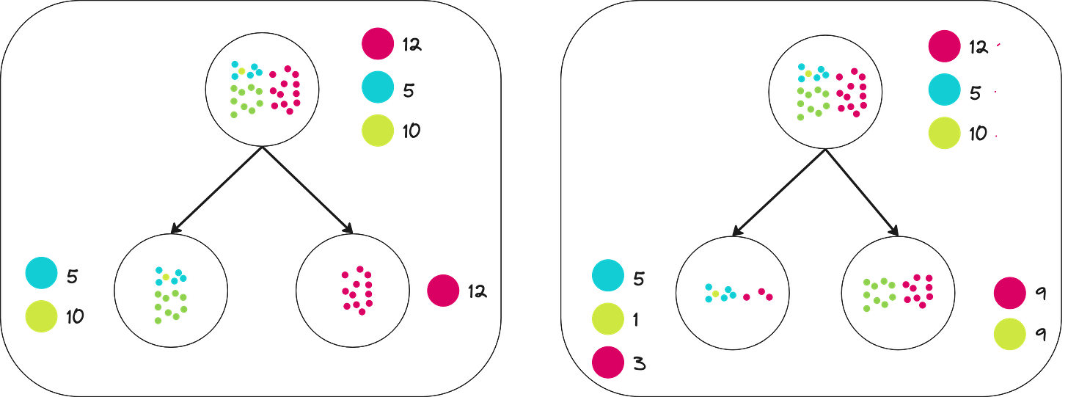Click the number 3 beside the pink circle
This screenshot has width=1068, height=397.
point(639,364)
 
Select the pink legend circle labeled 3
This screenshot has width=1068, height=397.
point(608,363)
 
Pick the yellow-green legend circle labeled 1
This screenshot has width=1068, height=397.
point(608,319)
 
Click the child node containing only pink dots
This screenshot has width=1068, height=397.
point(352,291)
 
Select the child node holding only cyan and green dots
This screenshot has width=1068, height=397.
point(170,291)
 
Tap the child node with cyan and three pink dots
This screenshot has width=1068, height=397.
point(731,293)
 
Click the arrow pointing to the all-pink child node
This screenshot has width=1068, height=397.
point(308,192)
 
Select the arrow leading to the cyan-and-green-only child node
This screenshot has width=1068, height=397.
point(216,192)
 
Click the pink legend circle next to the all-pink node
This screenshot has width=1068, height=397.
point(443,291)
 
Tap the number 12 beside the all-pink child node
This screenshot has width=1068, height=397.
point(475,291)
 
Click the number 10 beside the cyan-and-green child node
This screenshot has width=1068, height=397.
point(75,318)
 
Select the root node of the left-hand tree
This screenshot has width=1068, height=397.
point(262,91)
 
